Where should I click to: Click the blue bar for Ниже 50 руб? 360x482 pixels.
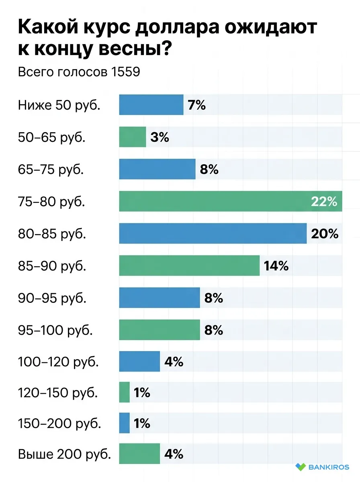(x=151, y=105)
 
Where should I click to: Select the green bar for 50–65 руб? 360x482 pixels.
(x=133, y=137)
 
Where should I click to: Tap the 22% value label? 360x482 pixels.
(x=324, y=202)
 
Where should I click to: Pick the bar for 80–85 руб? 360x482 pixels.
(x=213, y=233)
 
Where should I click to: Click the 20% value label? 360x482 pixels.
(x=325, y=234)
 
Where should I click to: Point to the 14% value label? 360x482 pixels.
(x=276, y=266)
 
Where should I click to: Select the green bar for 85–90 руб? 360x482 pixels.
(x=189, y=266)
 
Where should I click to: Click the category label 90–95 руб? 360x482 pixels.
(x=52, y=298)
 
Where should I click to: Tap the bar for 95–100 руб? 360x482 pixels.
(x=159, y=330)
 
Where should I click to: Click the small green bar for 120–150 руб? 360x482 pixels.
(x=125, y=392)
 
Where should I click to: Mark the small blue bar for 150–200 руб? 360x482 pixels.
(x=125, y=423)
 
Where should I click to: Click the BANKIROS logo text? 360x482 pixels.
(x=329, y=467)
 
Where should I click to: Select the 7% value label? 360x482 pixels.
(x=196, y=105)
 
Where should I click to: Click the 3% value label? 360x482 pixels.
(x=160, y=137)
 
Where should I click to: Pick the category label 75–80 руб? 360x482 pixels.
(x=51, y=202)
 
